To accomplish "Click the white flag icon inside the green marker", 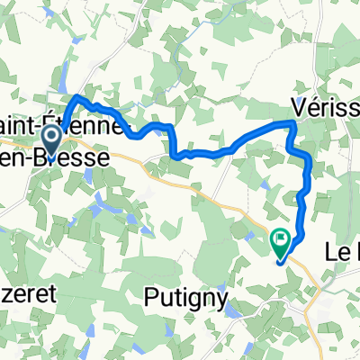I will coord(282,238).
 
